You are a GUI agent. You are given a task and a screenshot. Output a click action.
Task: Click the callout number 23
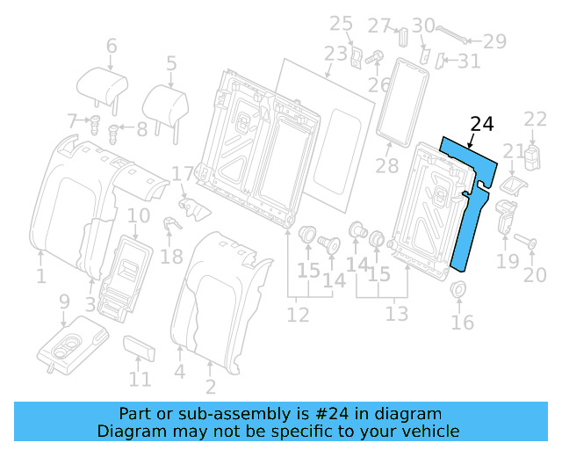click(x=335, y=54)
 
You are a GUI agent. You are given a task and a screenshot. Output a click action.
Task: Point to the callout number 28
click(x=387, y=167)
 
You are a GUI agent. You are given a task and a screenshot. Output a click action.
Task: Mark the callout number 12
click(x=299, y=314)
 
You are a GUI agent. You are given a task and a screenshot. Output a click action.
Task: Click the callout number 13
click(x=397, y=314)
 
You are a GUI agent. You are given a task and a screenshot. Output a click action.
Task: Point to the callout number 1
click(x=40, y=279)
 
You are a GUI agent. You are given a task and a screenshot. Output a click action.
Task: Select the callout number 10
click(x=139, y=216)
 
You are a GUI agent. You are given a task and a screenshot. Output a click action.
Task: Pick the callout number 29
click(x=495, y=40)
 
